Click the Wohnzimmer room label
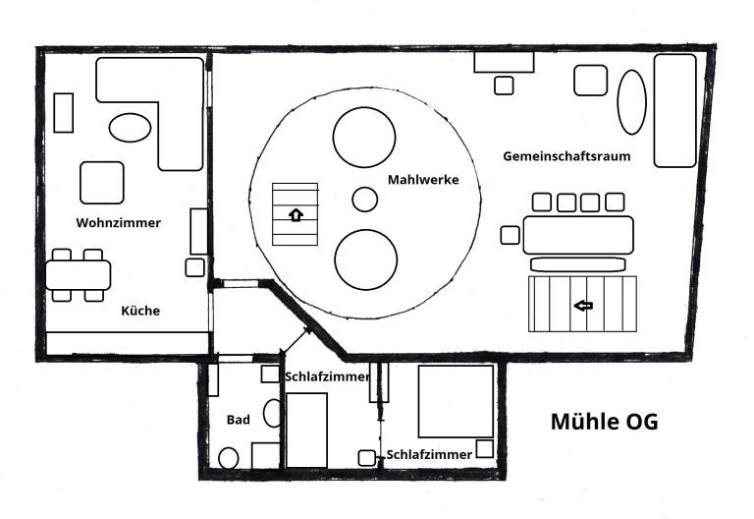[118, 223]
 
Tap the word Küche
[140, 311]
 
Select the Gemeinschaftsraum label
[566, 156]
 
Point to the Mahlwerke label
[423, 180]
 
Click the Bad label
[238, 420]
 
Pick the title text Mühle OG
[605, 422]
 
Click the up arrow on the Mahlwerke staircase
[296, 214]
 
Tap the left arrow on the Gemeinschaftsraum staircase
[583, 306]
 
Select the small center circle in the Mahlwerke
[364, 200]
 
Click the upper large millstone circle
[364, 138]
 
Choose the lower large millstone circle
[366, 259]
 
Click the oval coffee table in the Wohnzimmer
[130, 128]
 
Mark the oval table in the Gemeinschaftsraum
[631, 102]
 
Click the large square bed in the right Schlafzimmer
[456, 401]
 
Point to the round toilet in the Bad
[229, 458]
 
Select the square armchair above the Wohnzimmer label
[102, 183]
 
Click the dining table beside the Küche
[79, 275]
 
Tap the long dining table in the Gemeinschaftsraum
[578, 236]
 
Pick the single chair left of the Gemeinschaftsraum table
[510, 236]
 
